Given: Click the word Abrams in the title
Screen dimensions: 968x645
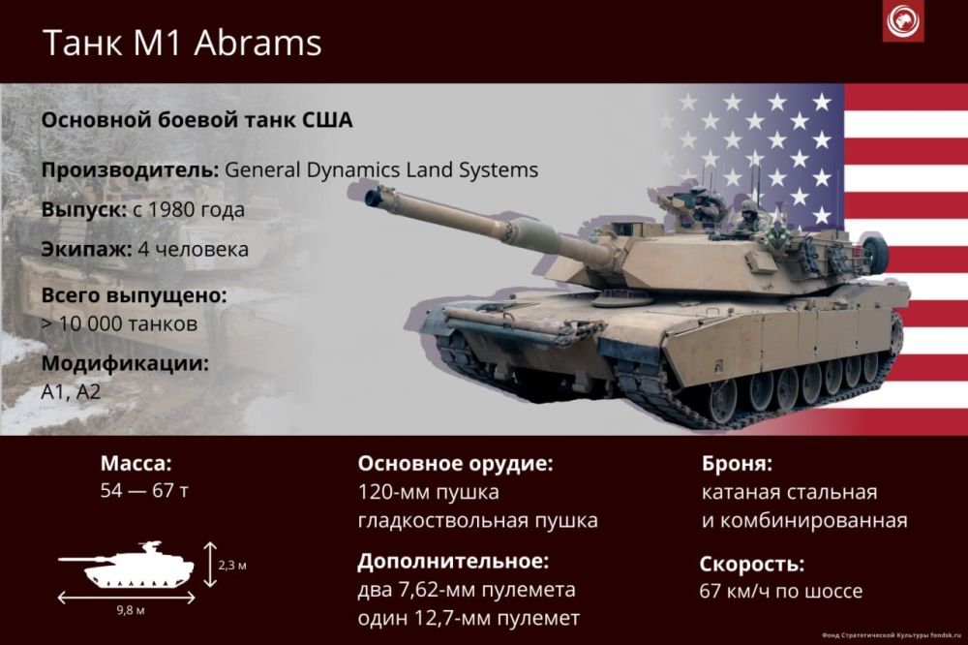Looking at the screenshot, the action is point(258,43).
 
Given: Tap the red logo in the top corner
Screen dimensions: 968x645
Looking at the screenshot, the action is point(902,21).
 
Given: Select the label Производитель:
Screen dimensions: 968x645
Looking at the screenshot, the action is point(131,169).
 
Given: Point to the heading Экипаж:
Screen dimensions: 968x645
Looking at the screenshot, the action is point(86,250).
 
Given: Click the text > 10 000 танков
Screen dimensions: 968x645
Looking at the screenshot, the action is point(119,323).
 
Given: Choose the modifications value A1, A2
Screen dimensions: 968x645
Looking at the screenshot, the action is point(71,391).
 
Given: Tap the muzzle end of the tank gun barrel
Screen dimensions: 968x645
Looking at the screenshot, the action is point(373,198).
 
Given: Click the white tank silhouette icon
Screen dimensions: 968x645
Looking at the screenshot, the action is point(127,565).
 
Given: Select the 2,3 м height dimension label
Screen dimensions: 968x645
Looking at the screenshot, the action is point(232,566).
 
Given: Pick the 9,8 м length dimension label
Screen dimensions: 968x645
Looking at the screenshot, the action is point(131,610).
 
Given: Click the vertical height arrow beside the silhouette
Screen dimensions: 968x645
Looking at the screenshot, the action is point(210,564).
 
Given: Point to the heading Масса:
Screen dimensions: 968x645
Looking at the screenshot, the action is point(136,463).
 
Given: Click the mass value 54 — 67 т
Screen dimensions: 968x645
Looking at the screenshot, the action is point(144,491).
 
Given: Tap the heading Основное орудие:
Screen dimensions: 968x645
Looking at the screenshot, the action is point(456,463).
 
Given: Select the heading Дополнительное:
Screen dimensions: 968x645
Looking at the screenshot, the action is point(453,562).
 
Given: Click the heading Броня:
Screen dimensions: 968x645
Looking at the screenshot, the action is point(737,463).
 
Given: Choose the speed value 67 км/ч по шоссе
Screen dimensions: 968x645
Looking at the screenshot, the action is point(781,591).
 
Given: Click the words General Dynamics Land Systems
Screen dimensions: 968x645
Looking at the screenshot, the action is point(381,169).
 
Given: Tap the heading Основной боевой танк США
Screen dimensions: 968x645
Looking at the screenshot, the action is point(197,120).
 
